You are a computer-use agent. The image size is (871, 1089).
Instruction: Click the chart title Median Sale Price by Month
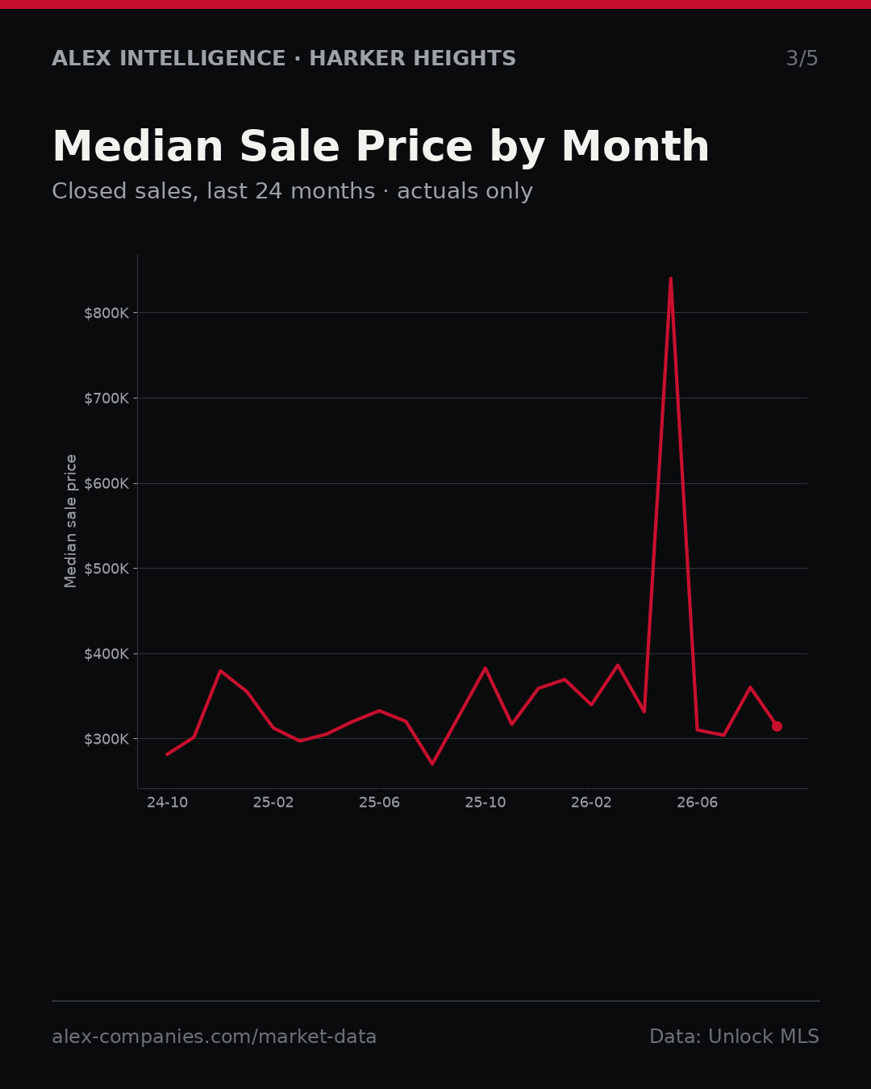[x=381, y=147]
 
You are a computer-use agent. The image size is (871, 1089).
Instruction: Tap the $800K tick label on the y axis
[x=106, y=313]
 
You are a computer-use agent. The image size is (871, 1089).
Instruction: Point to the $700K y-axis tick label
[x=106, y=398]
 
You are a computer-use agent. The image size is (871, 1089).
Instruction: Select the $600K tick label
[x=106, y=484]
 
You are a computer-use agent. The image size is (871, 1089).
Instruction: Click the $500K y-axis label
[x=106, y=569]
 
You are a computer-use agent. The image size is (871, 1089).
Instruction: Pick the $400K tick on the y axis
[x=106, y=654]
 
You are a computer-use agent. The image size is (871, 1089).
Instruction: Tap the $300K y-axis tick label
[x=106, y=740]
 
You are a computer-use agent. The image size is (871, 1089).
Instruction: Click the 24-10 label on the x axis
[x=168, y=803]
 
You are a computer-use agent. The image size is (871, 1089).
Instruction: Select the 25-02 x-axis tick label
[x=273, y=803]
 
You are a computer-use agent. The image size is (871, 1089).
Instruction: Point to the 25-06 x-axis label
[x=380, y=803]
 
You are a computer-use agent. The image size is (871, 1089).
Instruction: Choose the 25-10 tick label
[x=486, y=803]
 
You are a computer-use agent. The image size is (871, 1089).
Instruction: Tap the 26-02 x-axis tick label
[x=591, y=803]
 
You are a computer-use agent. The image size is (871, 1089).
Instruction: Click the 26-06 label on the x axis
[x=698, y=803]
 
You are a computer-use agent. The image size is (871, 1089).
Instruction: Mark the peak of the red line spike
[x=670, y=278]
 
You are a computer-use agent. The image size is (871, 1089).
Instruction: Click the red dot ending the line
[x=777, y=726]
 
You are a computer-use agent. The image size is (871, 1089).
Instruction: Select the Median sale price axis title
[x=71, y=521]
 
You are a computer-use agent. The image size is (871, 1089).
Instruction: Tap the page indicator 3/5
[x=802, y=58]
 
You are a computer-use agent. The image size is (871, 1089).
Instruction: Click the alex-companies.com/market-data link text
[x=214, y=1037]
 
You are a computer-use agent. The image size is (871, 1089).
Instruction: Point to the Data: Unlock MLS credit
[x=734, y=1037]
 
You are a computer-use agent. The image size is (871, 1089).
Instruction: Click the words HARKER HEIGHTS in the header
[x=412, y=58]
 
